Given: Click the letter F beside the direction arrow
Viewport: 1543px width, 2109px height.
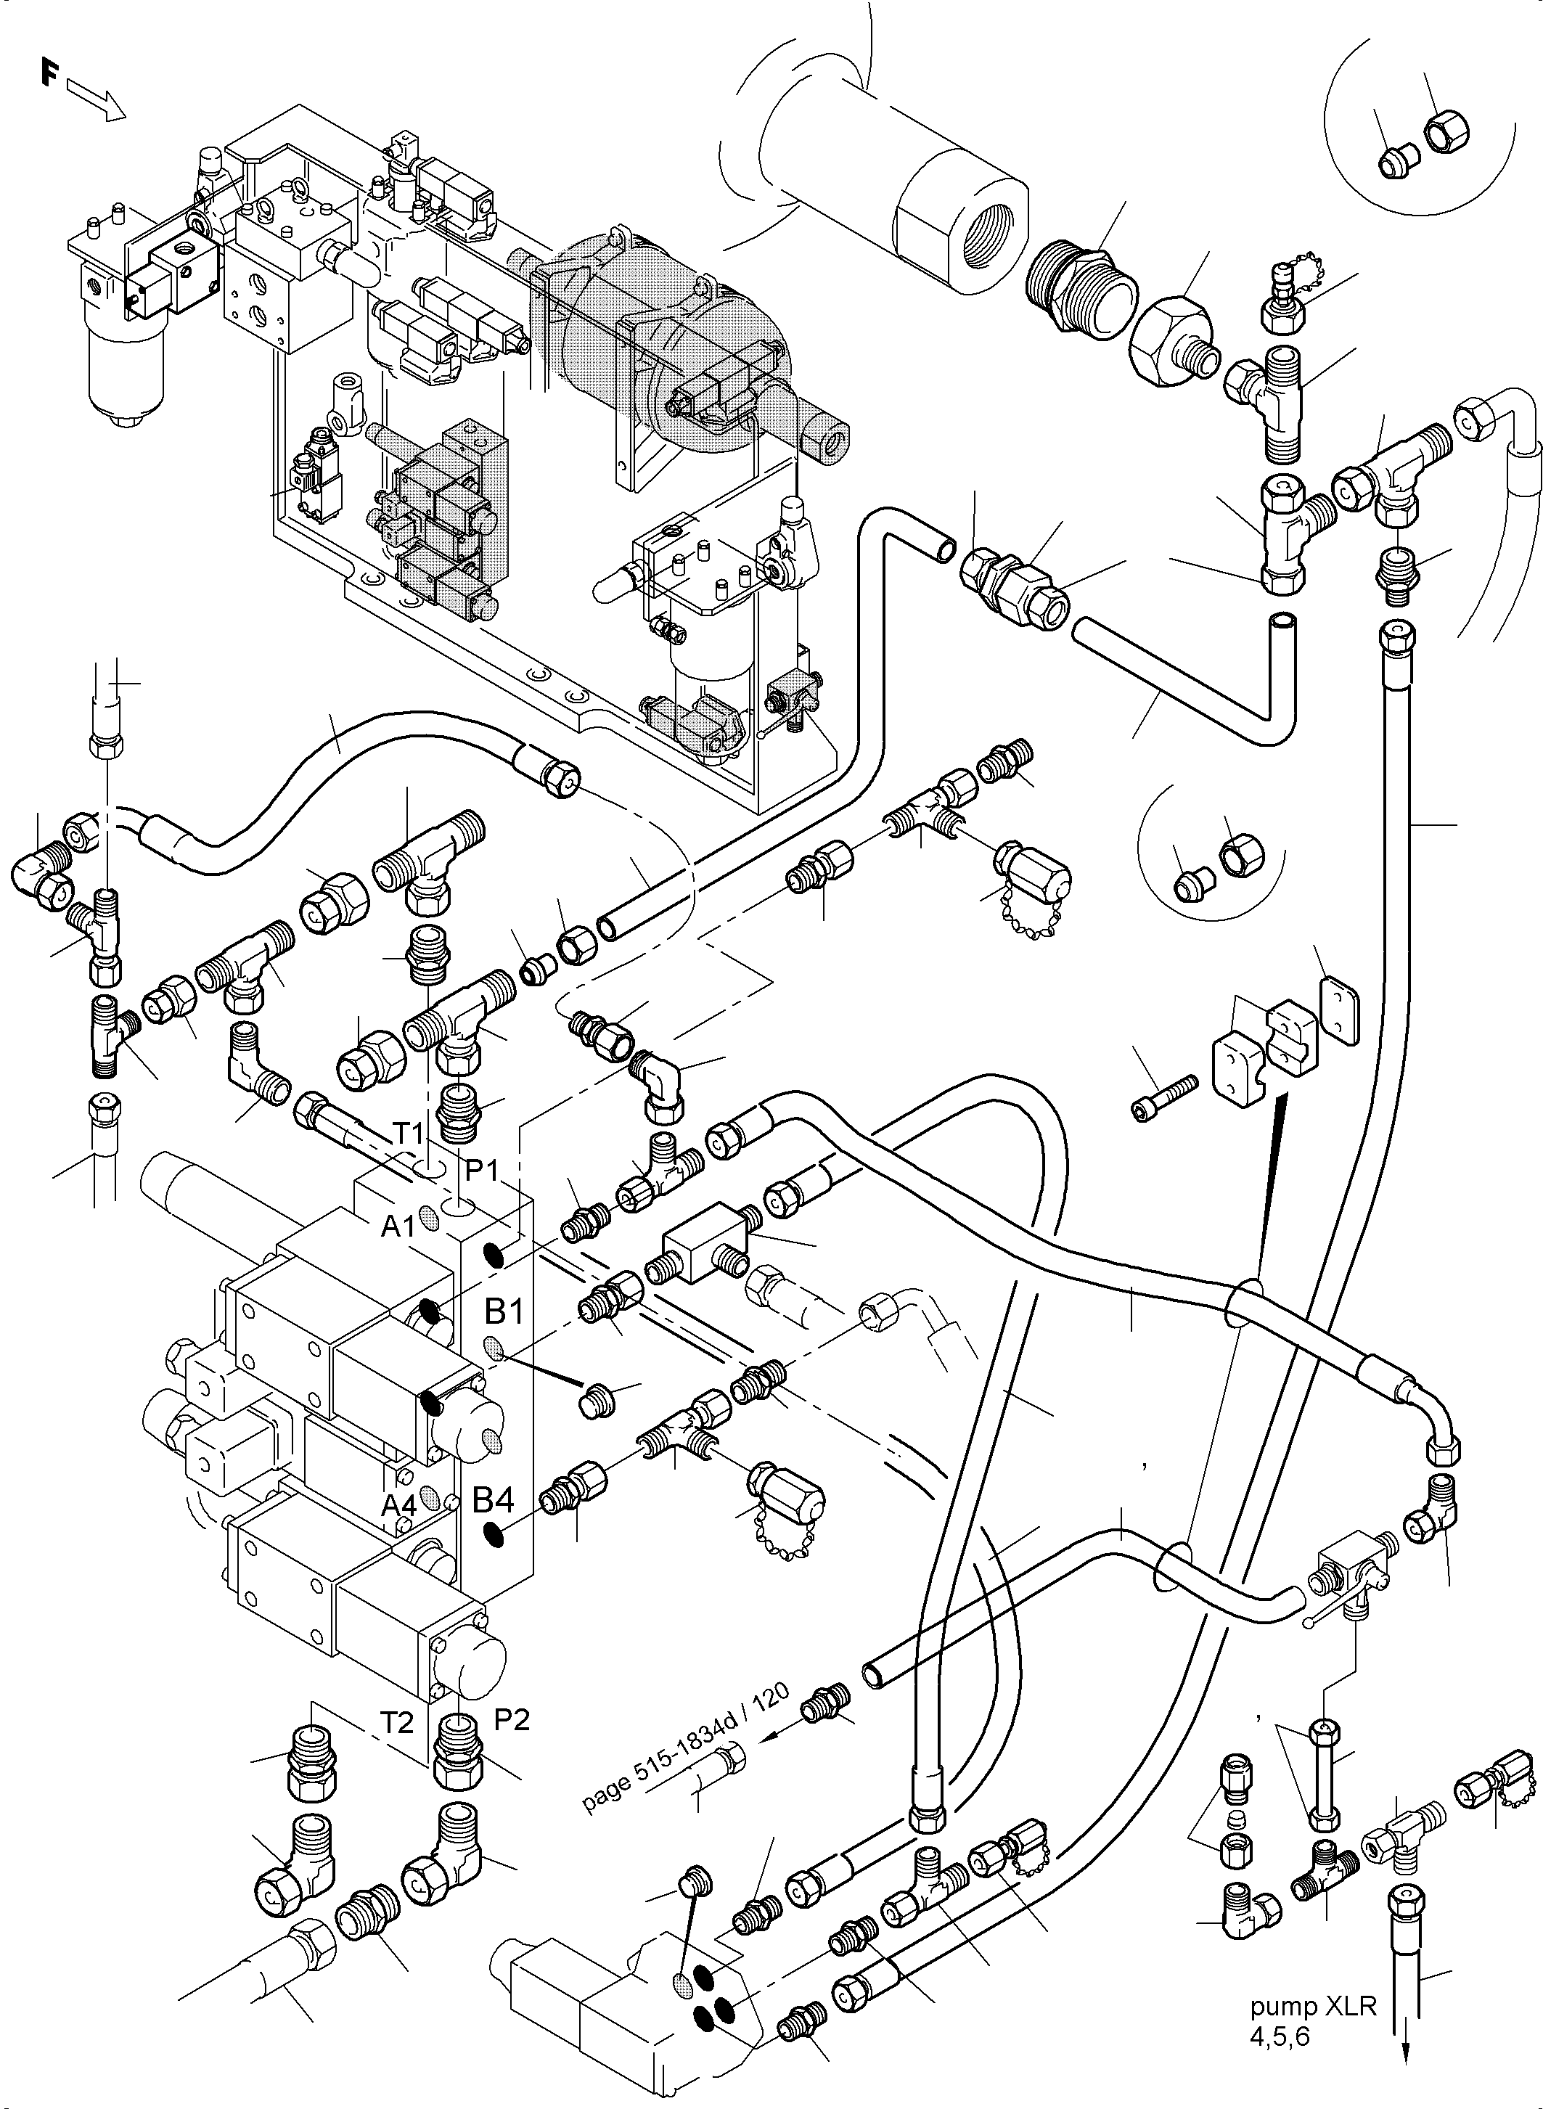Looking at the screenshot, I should click(x=49, y=72).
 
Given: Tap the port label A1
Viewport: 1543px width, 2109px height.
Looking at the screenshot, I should click(x=398, y=1227).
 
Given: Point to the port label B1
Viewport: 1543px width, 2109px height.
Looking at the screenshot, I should click(x=504, y=1312).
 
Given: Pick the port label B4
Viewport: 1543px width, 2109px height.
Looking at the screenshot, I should click(x=492, y=1500).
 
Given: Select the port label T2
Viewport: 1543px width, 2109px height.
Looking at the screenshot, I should click(x=397, y=1721).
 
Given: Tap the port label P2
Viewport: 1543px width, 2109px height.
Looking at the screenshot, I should click(x=511, y=1719).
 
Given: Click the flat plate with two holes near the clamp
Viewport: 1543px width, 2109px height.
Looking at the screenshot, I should click(x=1341, y=1009).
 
